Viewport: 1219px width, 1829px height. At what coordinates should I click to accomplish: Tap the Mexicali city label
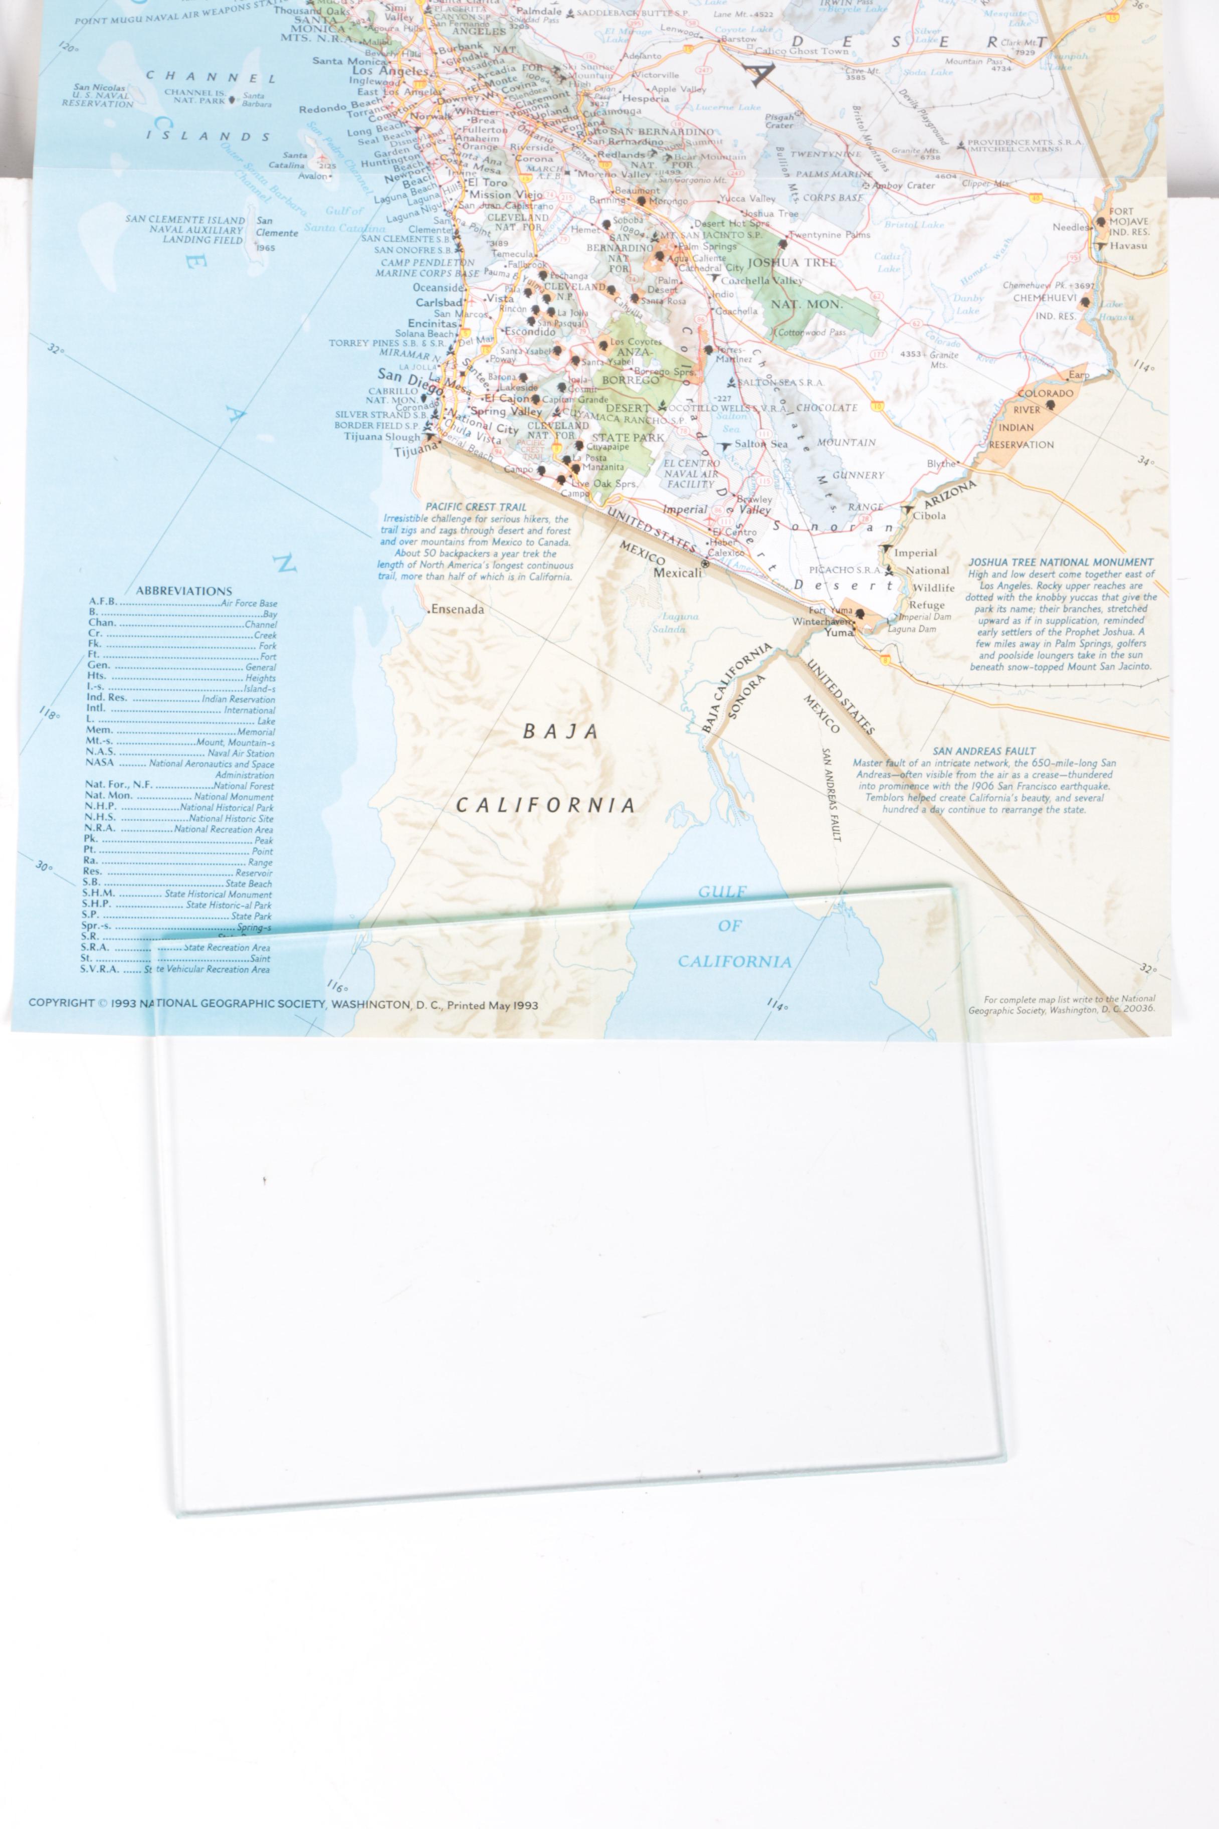(x=677, y=573)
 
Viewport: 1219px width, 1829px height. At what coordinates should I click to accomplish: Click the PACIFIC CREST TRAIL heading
(x=476, y=507)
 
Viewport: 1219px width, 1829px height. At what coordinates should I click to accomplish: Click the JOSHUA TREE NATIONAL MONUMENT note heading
(x=1061, y=562)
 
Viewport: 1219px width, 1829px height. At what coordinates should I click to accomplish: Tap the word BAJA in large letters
(x=560, y=732)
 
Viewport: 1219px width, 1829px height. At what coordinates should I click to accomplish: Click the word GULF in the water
(x=722, y=892)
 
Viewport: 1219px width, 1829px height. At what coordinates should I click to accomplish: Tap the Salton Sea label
(x=760, y=444)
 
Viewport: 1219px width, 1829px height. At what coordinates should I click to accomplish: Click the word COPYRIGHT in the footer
(x=62, y=1002)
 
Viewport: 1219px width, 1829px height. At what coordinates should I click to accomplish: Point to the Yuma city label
(x=839, y=632)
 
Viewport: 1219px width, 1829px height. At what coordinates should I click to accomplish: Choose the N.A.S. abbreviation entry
(x=100, y=752)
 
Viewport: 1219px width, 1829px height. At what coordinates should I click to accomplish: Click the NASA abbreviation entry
(x=100, y=763)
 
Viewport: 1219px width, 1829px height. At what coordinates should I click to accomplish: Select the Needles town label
(x=1070, y=227)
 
